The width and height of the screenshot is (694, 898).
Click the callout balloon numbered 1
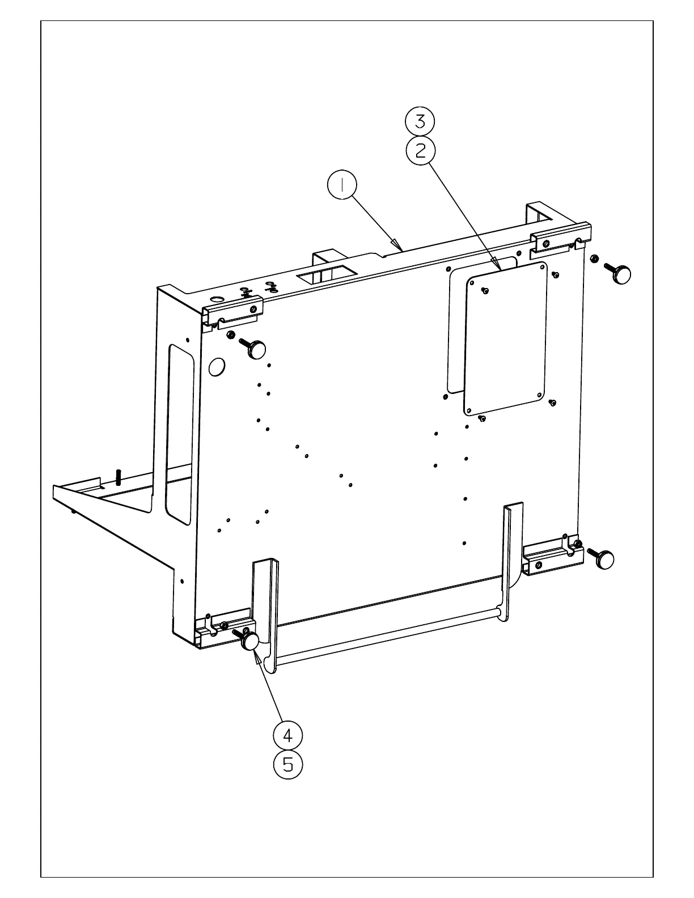click(342, 185)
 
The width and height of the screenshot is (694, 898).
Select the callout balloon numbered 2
click(421, 150)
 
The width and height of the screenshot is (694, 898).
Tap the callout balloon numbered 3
click(420, 121)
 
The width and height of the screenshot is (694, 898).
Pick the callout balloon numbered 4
click(288, 735)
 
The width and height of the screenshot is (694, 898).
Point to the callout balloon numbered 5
click(288, 765)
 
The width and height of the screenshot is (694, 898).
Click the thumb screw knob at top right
click(623, 274)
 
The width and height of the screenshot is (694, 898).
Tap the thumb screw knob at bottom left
click(251, 641)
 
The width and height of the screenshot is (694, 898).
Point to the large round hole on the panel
click(216, 367)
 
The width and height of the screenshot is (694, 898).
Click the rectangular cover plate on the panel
click(506, 338)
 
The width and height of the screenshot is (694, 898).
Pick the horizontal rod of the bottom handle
click(386, 635)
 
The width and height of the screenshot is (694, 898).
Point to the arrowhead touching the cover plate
click(497, 263)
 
